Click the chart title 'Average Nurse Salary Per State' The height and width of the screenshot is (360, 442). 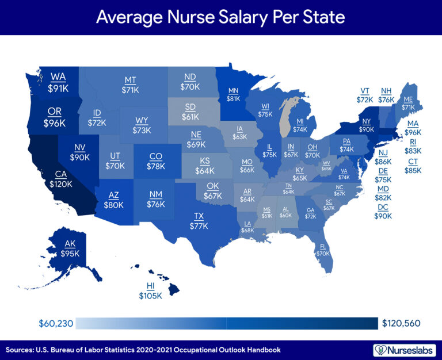pyautogui.click(x=220, y=17)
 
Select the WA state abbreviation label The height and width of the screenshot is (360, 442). pyautogui.click(x=58, y=76)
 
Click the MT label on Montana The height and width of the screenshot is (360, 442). pyautogui.click(x=131, y=79)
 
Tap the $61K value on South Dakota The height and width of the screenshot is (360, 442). pyautogui.click(x=190, y=117)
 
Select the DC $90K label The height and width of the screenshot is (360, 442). pyautogui.click(x=384, y=212)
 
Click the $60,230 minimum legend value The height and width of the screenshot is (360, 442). pyautogui.click(x=55, y=324)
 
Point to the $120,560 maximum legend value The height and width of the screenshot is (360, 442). pyautogui.click(x=402, y=324)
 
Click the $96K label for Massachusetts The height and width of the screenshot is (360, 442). pyautogui.click(x=413, y=132)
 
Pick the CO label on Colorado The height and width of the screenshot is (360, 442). pyautogui.click(x=156, y=155)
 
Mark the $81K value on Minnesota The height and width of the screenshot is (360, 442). pyautogui.click(x=233, y=98)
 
